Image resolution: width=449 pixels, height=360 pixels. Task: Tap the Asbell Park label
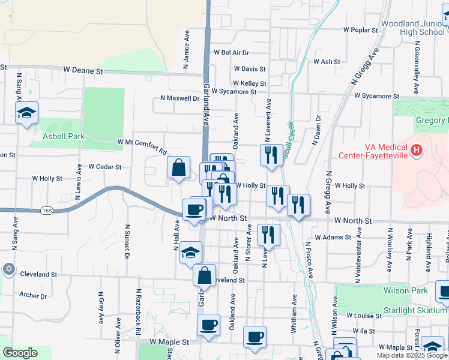click(x=64, y=136)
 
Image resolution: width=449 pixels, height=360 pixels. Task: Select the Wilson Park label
click(x=402, y=290)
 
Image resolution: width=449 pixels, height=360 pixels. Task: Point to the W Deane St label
click(x=83, y=71)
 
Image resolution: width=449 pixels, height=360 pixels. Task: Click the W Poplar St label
click(x=360, y=29)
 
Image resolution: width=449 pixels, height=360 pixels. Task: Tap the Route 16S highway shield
click(x=47, y=211)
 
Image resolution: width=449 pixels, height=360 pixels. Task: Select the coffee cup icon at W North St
click(x=194, y=210)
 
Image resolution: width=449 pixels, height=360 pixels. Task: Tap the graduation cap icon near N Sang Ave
click(x=26, y=113)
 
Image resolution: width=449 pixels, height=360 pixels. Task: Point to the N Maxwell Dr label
click(x=179, y=98)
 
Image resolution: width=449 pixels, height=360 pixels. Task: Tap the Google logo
click(x=20, y=353)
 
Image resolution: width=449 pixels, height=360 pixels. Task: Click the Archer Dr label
click(x=33, y=295)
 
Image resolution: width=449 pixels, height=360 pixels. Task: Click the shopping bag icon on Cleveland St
click(x=204, y=275)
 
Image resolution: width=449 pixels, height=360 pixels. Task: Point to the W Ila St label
click(x=364, y=331)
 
